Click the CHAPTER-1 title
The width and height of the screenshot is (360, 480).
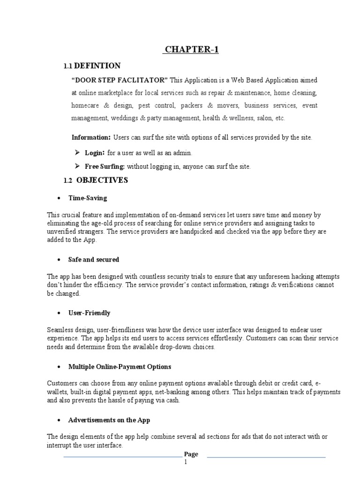coord(191,50)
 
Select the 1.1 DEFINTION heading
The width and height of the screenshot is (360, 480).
coord(92,66)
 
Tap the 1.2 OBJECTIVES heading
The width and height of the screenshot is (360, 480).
coord(95,180)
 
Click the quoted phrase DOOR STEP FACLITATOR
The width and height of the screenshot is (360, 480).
coord(120,80)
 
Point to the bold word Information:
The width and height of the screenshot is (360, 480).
coord(91,137)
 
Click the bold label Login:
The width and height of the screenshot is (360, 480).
coord(95,153)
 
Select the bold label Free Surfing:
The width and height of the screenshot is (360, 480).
coord(105,166)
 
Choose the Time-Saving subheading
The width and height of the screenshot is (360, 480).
coord(88,198)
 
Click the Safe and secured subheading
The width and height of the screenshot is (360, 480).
coord(94,259)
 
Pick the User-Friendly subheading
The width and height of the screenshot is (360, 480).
coord(90,313)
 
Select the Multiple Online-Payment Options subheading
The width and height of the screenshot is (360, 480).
coord(120,367)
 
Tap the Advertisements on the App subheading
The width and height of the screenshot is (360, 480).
coord(109,420)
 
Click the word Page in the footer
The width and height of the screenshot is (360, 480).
coord(191,454)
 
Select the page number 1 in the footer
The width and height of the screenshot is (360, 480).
coord(186,462)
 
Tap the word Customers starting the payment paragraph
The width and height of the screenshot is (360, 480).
coord(62,384)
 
